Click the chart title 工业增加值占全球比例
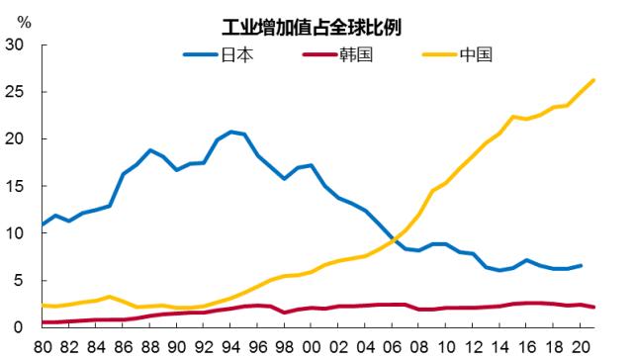click(x=316, y=27)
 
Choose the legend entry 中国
click(x=476, y=53)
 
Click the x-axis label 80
click(x=44, y=347)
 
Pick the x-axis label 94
click(x=230, y=347)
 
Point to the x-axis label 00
click(x=311, y=347)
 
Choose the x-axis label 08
click(x=418, y=347)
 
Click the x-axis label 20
click(x=579, y=347)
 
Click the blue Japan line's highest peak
click(x=230, y=132)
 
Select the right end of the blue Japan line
click(x=580, y=265)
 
